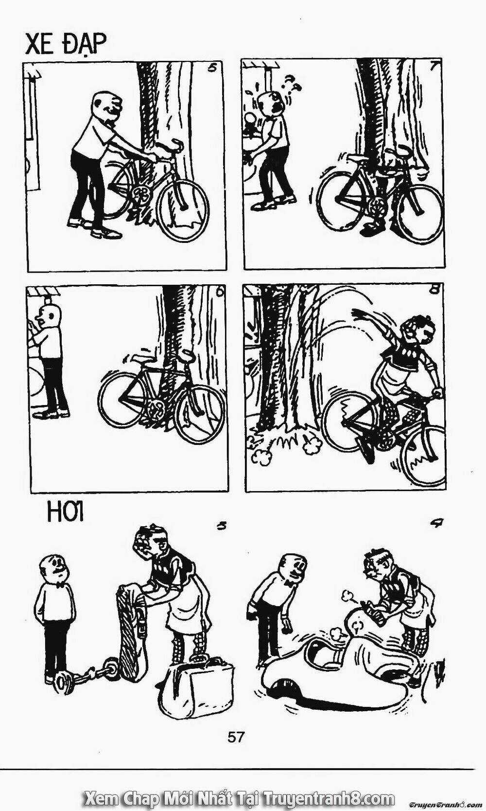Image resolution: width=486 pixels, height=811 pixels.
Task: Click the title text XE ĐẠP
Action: [66, 45]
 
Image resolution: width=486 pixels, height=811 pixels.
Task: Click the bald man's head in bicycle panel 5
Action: [107, 105]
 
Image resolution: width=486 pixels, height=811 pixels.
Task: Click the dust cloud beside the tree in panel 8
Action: [312, 447]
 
